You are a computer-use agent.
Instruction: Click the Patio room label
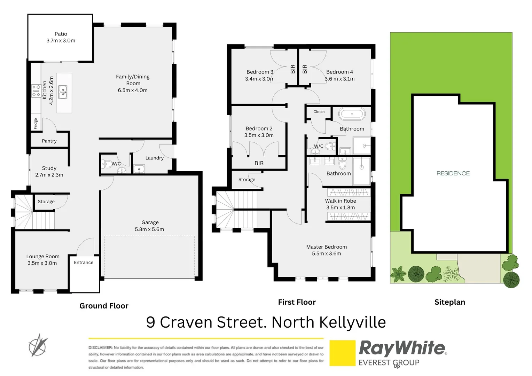coord(61,34)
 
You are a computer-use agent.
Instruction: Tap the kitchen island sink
coord(63,92)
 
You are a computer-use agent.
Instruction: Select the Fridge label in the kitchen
coord(36,124)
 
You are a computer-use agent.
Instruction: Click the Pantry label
coord(49,141)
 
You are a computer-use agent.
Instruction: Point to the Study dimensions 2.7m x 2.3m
coord(49,175)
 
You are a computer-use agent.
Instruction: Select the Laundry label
coord(154,158)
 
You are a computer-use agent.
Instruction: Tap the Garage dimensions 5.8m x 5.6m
coord(149,229)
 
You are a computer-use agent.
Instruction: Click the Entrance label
coord(84,263)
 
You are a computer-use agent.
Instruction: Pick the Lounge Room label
coord(43,256)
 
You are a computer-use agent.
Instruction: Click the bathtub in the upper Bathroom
coord(352,114)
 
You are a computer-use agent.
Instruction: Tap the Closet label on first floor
coord(319,112)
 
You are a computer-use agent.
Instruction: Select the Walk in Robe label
coord(341,201)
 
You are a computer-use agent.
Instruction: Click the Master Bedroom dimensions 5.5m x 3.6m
coord(327,253)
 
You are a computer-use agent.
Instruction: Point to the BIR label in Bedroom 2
coord(259,163)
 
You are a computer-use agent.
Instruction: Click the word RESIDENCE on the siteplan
coord(453,173)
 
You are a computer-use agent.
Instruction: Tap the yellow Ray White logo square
coord(342,353)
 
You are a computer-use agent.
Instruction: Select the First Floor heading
coord(297,302)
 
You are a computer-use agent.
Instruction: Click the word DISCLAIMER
coord(100,347)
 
